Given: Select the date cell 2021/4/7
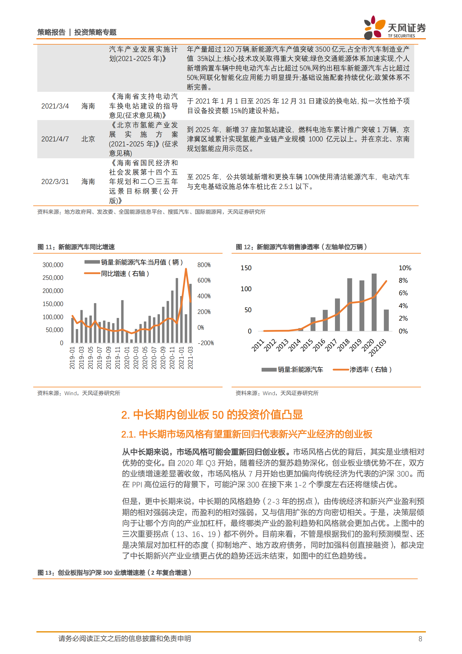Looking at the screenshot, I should pyautogui.click(x=55, y=139).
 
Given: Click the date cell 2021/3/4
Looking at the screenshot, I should pyautogui.click(x=55, y=106).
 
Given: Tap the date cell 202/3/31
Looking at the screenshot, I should pyautogui.click(x=55, y=182).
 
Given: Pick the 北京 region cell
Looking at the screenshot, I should pyautogui.click(x=88, y=139).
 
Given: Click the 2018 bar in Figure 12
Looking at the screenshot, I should pyautogui.click(x=350, y=305).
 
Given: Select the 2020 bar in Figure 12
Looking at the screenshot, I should pyautogui.click(x=374, y=302).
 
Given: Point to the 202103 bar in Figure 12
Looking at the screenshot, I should pyautogui.click(x=386, y=320).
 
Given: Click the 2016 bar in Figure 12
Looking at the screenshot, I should pyautogui.click(x=325, y=320).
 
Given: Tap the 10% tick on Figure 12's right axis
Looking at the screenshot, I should pyautogui.click(x=405, y=268).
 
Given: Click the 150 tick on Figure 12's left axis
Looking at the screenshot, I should pyautogui.click(x=246, y=268).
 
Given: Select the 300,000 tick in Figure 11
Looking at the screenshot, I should pyautogui.click(x=53, y=265).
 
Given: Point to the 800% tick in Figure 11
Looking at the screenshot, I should pyautogui.click(x=204, y=265).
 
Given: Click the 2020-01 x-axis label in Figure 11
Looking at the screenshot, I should pyautogui.click(x=127, y=358).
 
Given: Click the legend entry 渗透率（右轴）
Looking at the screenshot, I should pyautogui.click(x=370, y=370).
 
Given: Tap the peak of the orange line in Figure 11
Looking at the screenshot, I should pyautogui.click(x=186, y=269).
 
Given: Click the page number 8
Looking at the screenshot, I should pyautogui.click(x=420, y=639).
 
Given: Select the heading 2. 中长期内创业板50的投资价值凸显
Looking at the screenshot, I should pyautogui.click(x=212, y=415).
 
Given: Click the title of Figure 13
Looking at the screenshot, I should pyautogui.click(x=114, y=573).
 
